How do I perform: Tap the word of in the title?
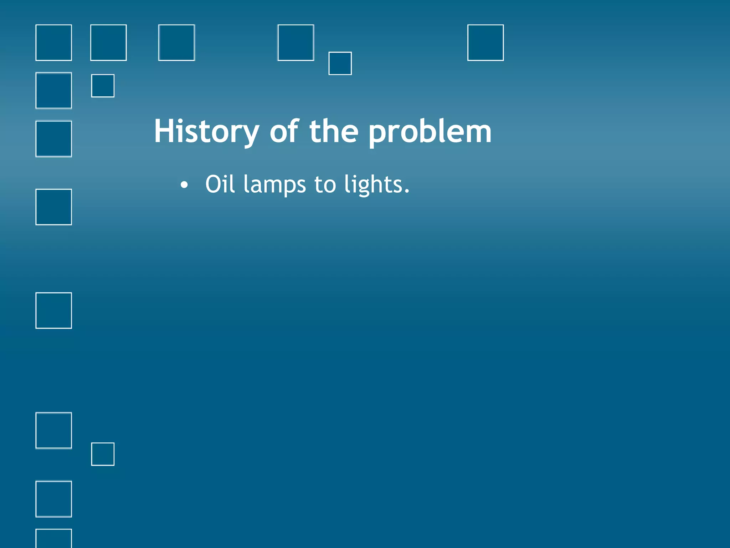[x=284, y=132]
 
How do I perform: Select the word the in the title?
[x=334, y=132]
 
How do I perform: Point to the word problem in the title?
[x=430, y=132]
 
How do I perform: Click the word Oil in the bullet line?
[x=220, y=184]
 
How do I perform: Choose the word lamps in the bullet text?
[x=274, y=184]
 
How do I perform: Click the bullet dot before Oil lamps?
[x=184, y=185]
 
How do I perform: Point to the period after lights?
[x=407, y=192]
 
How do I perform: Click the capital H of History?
[x=163, y=132]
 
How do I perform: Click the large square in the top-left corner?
[x=53, y=42]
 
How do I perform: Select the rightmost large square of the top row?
[x=485, y=42]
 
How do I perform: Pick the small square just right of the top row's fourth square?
[x=340, y=63]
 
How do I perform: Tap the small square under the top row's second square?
[x=103, y=86]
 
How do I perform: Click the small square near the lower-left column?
[x=103, y=454]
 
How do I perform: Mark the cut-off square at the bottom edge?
[x=53, y=538]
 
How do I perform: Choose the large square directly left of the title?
[x=53, y=139]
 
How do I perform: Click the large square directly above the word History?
[x=176, y=42]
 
